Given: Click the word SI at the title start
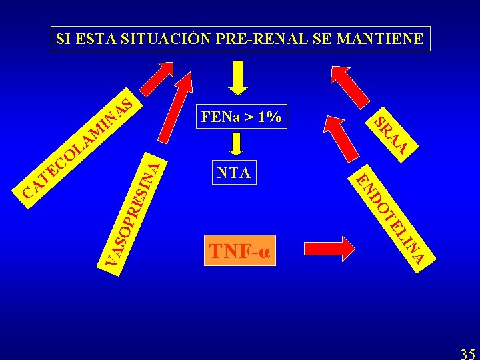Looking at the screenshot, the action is click(64, 39).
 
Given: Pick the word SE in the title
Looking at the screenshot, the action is click(321, 39).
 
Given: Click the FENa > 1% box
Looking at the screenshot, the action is click(240, 118).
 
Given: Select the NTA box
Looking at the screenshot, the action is click(234, 173).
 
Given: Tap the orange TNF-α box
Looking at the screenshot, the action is click(240, 251).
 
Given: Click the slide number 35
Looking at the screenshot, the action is click(468, 353).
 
